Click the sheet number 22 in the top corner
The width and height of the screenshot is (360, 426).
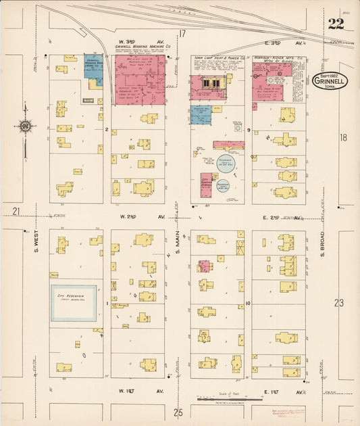tap(335, 24)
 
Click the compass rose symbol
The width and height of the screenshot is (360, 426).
tap(25, 126)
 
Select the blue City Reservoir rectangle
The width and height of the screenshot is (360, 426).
tap(74, 303)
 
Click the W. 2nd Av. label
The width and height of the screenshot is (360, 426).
tap(141, 216)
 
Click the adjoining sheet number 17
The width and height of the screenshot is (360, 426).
tap(182, 34)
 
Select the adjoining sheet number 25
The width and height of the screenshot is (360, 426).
tap(178, 412)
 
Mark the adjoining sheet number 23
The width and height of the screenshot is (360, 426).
tap(338, 303)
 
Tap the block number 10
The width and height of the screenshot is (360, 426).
tap(249, 303)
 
